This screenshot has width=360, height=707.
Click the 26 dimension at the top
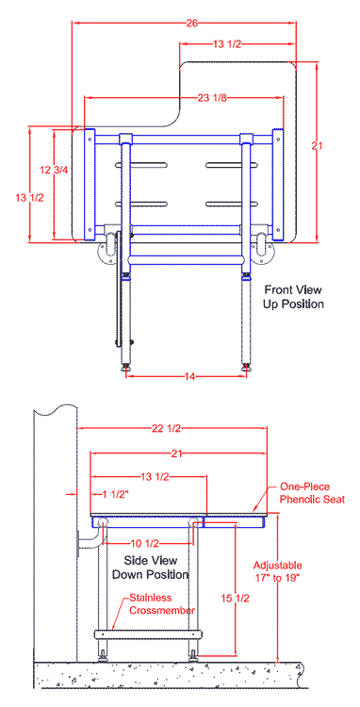click(x=191, y=24)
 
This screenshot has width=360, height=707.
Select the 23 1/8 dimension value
click(x=212, y=98)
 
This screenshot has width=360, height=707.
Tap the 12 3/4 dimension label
click(x=54, y=171)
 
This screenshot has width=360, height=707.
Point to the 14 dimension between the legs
click(x=189, y=377)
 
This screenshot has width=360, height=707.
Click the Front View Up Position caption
click(x=293, y=296)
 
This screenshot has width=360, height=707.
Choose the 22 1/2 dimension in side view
click(x=165, y=429)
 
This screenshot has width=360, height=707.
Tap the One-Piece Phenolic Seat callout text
click(x=312, y=493)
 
